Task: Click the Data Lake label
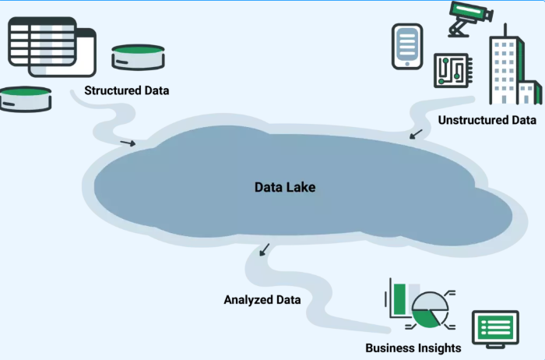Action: coord(285,188)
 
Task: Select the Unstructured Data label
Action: coord(487,121)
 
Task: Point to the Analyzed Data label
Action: coord(262,299)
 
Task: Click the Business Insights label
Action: coord(413,348)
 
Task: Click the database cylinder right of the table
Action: coord(138,56)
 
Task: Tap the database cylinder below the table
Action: coord(26,98)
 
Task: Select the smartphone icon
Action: coord(408,46)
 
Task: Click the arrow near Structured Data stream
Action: coord(128,143)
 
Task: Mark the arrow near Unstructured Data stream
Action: coord(417,135)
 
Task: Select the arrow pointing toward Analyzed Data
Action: coord(265,249)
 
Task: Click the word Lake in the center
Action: coord(300,188)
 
